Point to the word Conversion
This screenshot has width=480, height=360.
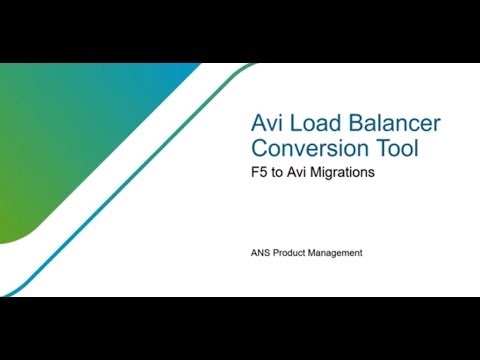pyautogui.click(x=309, y=149)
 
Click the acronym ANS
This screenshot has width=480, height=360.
pyautogui.click(x=262, y=253)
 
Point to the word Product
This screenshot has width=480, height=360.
pyautogui.click(x=297, y=253)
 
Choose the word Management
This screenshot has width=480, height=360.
pyautogui.click(x=341, y=253)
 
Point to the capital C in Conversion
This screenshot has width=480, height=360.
pyautogui.click(x=258, y=149)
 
